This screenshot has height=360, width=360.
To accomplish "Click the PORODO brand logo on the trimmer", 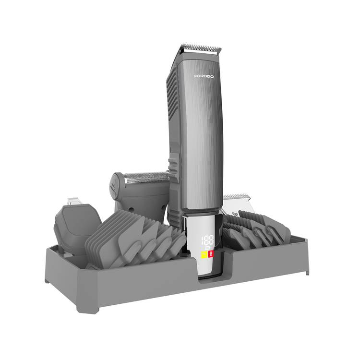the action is (x=204, y=76).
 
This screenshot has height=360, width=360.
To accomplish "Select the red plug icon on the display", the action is (x=211, y=254).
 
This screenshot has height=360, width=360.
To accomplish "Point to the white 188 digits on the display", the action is (x=207, y=240).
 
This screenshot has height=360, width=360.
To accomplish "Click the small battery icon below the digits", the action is (x=207, y=248).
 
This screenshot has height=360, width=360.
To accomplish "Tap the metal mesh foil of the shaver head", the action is (x=147, y=178).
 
